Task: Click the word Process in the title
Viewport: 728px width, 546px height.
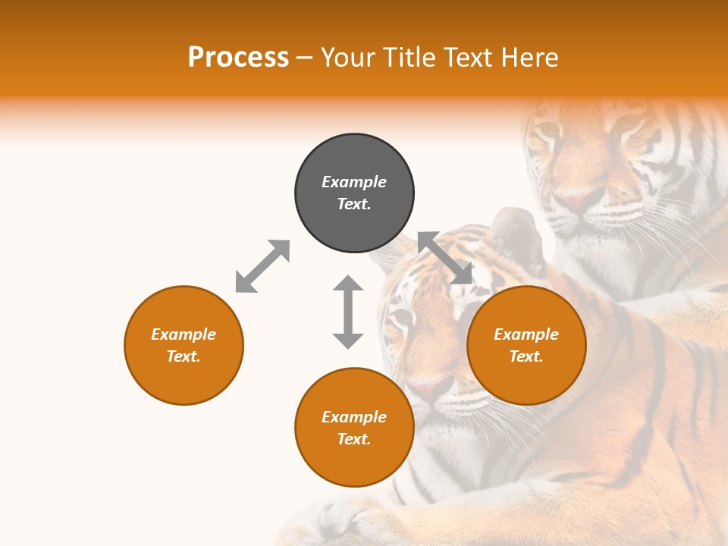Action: pyautogui.click(x=238, y=58)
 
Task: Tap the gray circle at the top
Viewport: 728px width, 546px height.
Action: pyautogui.click(x=354, y=193)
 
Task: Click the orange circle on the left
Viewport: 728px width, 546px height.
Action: pyautogui.click(x=184, y=345)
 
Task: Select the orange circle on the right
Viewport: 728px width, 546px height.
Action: pyautogui.click(x=526, y=345)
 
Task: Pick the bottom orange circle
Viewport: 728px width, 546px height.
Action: pyautogui.click(x=354, y=427)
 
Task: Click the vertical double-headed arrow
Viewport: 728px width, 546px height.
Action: pyautogui.click(x=348, y=312)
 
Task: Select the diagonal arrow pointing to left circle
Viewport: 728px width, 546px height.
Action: pyautogui.click(x=262, y=266)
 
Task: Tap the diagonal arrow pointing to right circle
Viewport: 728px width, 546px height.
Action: pyautogui.click(x=445, y=259)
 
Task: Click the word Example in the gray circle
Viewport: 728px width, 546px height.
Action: pyautogui.click(x=354, y=182)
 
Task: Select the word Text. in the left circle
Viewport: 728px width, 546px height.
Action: pyautogui.click(x=184, y=356)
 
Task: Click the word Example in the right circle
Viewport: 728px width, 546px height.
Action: pyautogui.click(x=526, y=334)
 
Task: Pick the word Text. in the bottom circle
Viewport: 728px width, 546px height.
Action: pyautogui.click(x=354, y=439)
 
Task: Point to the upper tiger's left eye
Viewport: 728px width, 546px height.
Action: pyautogui.click(x=548, y=133)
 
